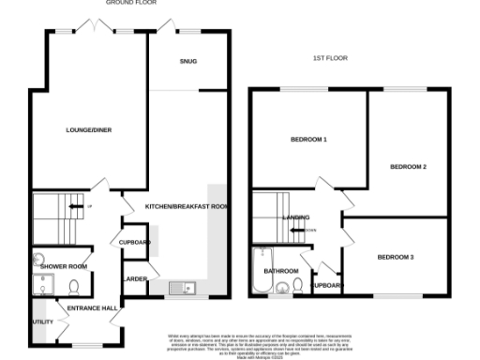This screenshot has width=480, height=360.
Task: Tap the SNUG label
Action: pos(188,63)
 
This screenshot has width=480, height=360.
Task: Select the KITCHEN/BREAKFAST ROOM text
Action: pos(187,206)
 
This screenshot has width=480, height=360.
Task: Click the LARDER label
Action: pos(130,279)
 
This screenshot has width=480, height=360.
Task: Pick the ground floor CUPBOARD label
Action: pos(135,242)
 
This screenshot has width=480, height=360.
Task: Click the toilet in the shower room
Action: pos(73,286)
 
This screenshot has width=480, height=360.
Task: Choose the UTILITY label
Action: pos(42,321)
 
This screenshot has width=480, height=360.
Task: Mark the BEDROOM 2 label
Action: pos(409,167)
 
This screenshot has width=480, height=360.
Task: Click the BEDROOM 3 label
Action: pos(396,257)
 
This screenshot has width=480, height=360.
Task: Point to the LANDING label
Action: pos(296,217)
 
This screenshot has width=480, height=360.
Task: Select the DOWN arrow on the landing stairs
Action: pos(309,230)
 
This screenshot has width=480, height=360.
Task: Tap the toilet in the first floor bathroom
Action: pos(297,287)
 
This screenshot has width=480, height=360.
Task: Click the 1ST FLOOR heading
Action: pos(329,58)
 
